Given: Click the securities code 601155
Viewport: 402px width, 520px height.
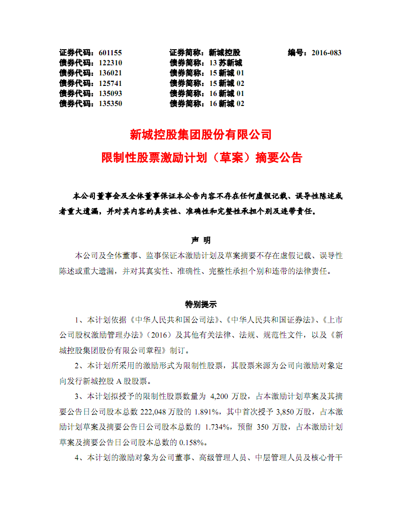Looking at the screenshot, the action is pyautogui.click(x=111, y=53).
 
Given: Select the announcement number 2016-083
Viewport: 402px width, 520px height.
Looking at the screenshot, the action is pyautogui.click(x=326, y=53).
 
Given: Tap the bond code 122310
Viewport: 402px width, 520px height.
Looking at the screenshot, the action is pyautogui.click(x=111, y=63).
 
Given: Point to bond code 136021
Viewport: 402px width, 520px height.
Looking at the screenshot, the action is pyautogui.click(x=111, y=73).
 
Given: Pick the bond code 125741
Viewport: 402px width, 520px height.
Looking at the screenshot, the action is pyautogui.click(x=111, y=83).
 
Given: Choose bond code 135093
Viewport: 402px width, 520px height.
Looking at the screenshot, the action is pyautogui.click(x=111, y=93).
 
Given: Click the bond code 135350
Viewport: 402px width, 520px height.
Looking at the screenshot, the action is pyautogui.click(x=111, y=103).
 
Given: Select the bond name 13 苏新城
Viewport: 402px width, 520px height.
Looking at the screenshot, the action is pyautogui.click(x=226, y=63).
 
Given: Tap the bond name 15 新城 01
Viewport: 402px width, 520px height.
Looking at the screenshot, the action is pyautogui.click(x=227, y=73).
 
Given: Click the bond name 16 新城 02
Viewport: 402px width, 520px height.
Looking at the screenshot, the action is pyautogui.click(x=227, y=103).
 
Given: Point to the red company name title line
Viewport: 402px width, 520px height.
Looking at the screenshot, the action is pyautogui.click(x=200, y=135).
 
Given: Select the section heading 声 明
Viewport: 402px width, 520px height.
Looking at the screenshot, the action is pyautogui.click(x=201, y=240).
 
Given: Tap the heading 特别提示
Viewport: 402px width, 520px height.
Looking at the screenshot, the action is pyautogui.click(x=201, y=304).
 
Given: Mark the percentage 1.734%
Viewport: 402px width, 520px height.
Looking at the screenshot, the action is pyautogui.click(x=217, y=428).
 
